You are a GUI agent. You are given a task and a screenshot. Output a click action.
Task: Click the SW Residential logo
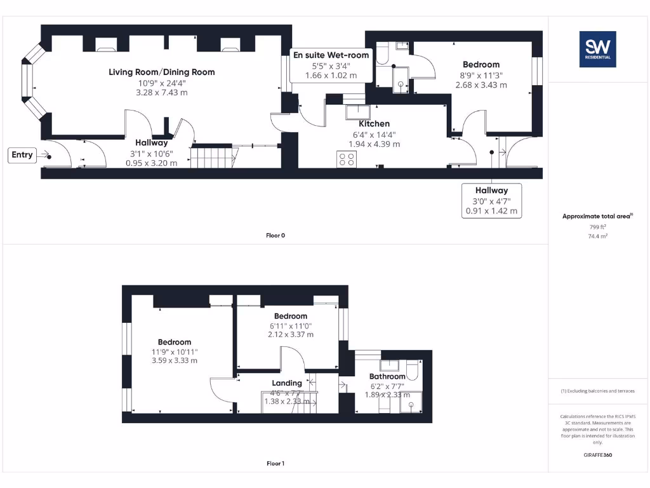point(597,50)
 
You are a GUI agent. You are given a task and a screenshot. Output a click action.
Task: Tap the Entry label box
point(22,154)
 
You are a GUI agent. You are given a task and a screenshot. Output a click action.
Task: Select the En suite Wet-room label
point(331,55)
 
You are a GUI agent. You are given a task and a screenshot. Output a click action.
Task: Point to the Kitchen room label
point(375,123)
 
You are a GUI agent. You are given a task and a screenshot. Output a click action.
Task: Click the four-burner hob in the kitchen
point(347,159)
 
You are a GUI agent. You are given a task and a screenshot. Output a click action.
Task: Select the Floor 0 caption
point(275,236)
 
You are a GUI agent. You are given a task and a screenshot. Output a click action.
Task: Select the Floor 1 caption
point(275,464)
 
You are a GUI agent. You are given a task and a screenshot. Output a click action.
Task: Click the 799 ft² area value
point(597,226)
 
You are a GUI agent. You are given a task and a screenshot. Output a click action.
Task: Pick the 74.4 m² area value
point(597,236)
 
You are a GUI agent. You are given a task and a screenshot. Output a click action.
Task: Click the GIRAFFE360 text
point(597,455)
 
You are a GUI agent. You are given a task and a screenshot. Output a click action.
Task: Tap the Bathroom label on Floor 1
point(387,376)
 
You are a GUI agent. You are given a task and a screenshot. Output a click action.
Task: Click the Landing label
point(287,383)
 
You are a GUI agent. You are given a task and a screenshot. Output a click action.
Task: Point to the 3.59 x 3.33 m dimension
point(175,360)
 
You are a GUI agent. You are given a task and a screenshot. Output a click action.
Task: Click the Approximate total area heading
point(597,216)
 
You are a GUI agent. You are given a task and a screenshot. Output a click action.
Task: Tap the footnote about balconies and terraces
point(597,391)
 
